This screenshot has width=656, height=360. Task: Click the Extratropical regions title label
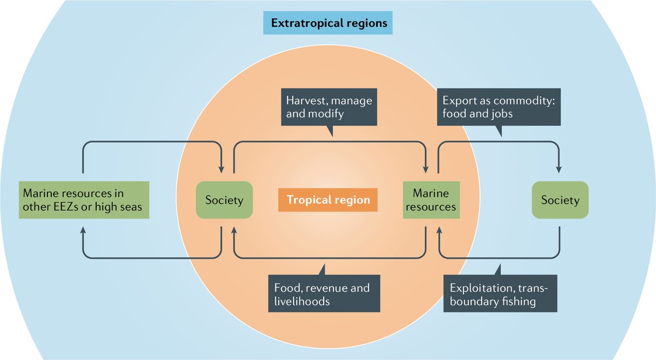[x=327, y=24]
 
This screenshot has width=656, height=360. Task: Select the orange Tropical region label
[x=328, y=200]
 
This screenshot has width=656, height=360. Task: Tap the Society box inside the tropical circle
[x=224, y=200]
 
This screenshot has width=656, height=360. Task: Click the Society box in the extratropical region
[x=560, y=200]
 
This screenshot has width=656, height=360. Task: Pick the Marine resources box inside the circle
[x=430, y=200]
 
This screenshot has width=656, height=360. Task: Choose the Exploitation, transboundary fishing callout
[x=500, y=294]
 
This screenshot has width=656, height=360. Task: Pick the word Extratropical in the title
[x=307, y=24]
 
